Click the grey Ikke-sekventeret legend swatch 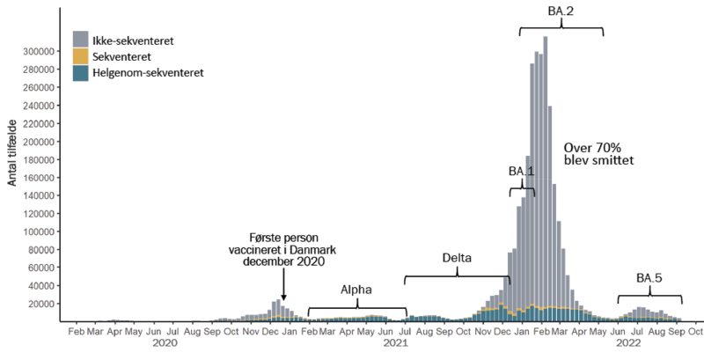[80, 40]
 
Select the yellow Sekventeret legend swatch [80, 56]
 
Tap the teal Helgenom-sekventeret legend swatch [80, 72]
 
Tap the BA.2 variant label [561, 12]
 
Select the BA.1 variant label [522, 171]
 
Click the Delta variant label [457, 259]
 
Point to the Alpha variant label [356, 290]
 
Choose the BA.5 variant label [649, 279]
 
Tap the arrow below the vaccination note [282, 287]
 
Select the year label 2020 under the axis [165, 343]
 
